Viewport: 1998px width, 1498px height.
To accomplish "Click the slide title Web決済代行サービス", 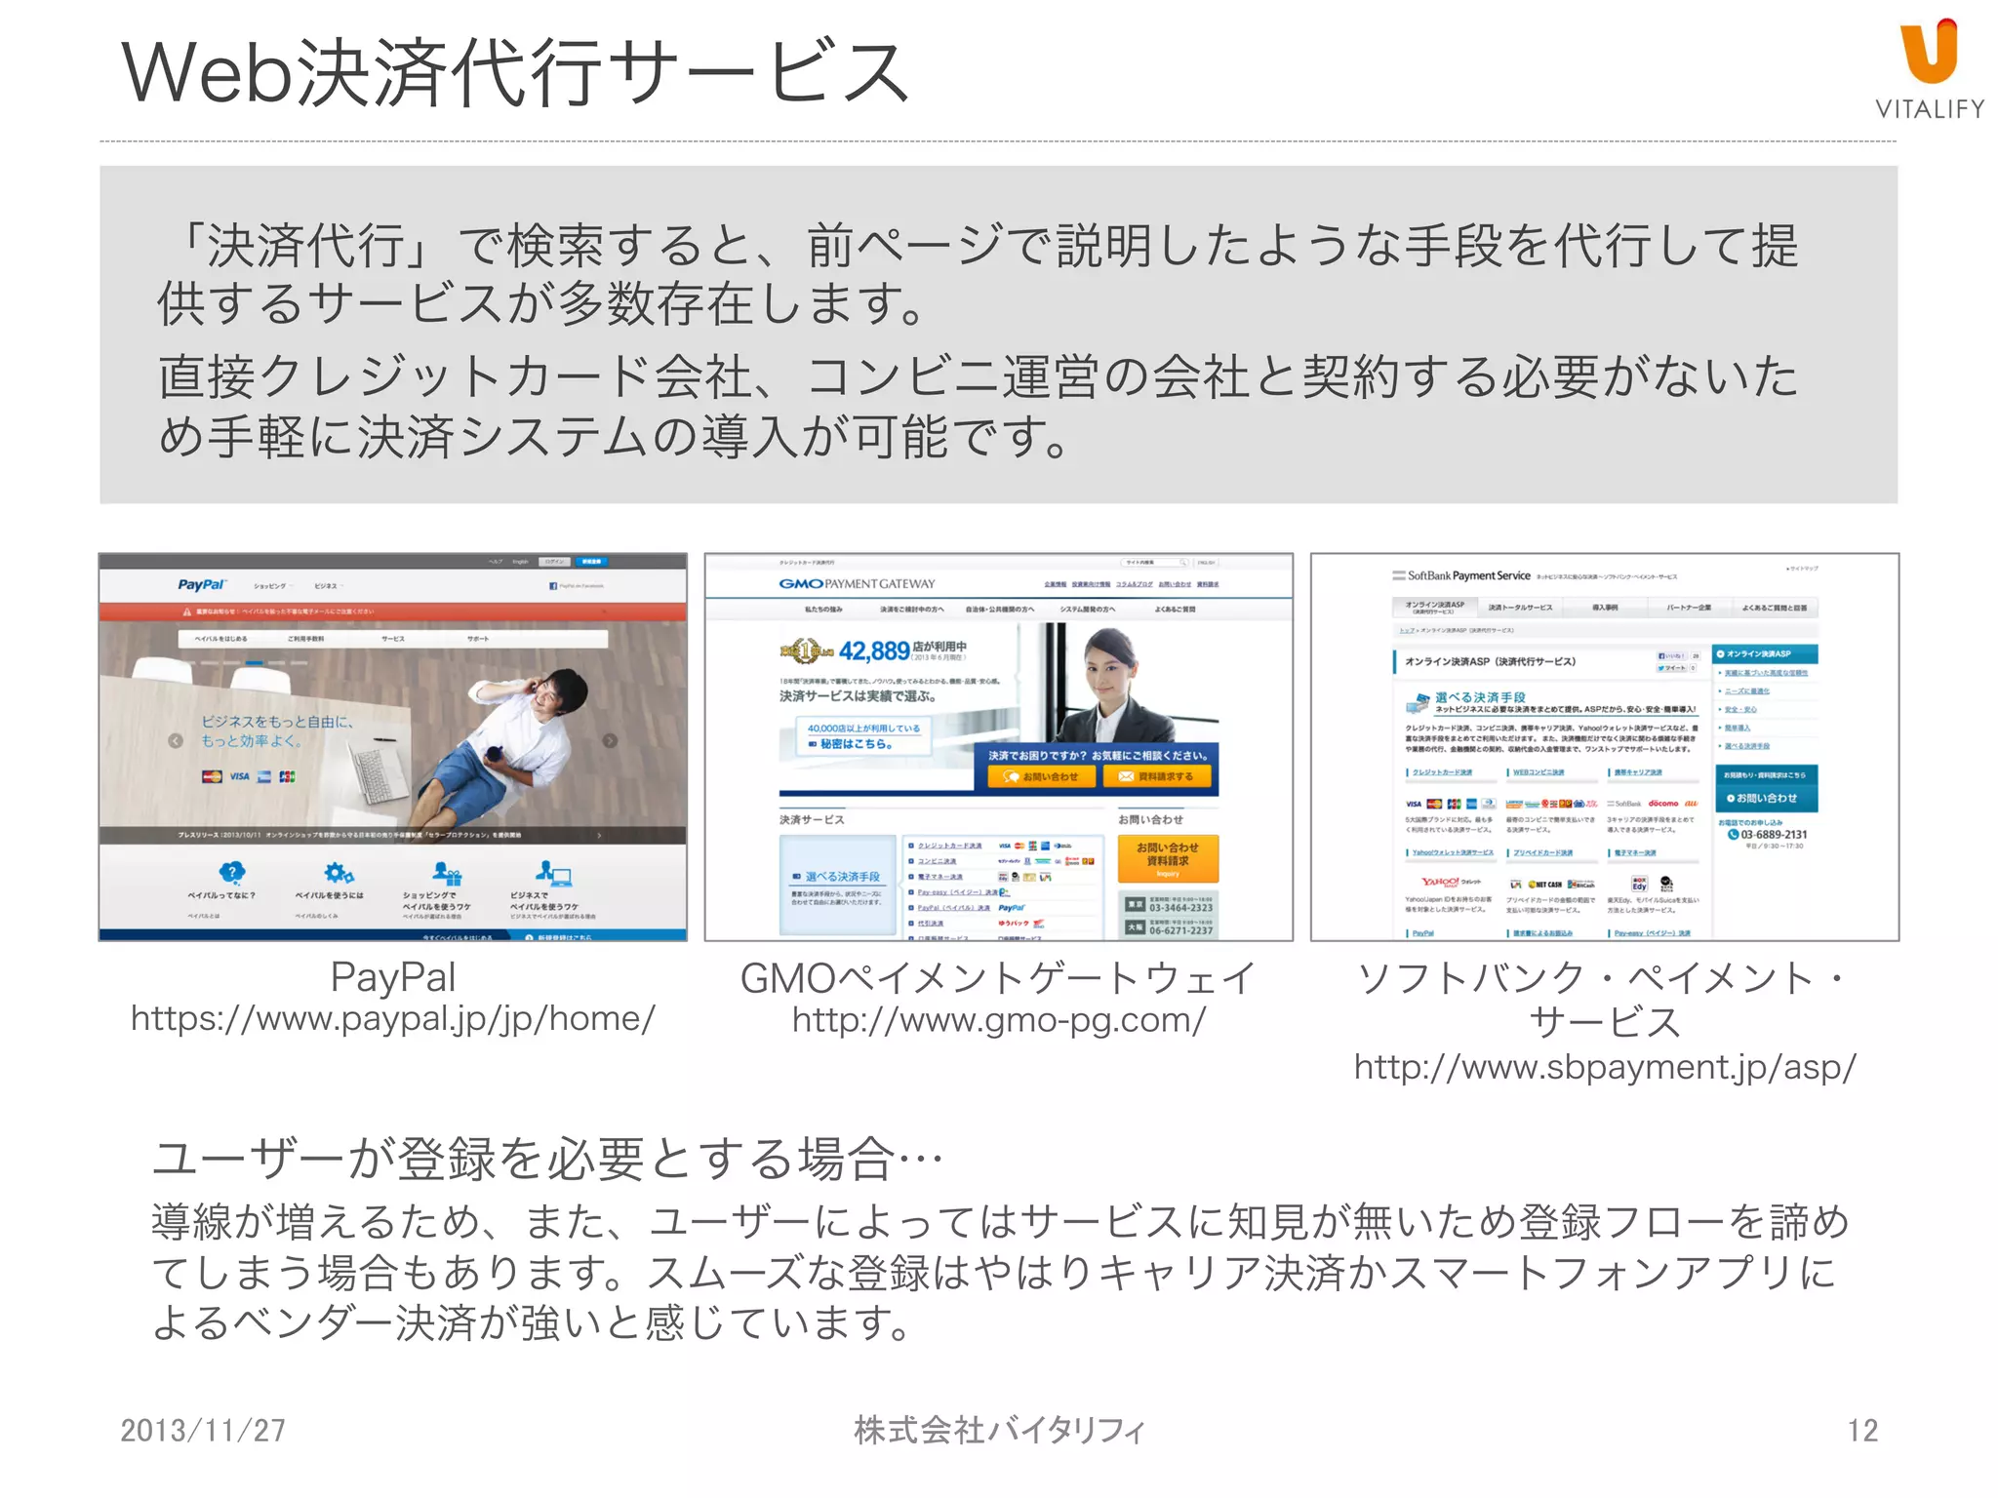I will [516, 73].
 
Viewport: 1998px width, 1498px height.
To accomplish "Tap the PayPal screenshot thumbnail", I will [393, 746].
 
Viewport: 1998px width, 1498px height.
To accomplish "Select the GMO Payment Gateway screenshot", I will [998, 746].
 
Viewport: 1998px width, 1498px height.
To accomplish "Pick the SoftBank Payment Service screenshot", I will [1604, 746].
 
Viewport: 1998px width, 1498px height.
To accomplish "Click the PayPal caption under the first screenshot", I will [393, 977].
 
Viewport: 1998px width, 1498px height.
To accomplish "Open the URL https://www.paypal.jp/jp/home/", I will [393, 1019].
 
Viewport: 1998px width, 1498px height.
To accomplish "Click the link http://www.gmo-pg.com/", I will [998, 1020].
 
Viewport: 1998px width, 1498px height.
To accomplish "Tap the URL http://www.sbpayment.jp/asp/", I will [1604, 1067].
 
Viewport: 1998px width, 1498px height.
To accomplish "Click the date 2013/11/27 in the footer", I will [203, 1431].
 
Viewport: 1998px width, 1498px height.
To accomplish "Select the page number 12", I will [1861, 1431].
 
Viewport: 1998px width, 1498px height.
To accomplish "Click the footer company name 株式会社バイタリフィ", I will [998, 1431].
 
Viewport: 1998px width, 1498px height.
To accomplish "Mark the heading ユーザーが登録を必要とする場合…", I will [546, 1160].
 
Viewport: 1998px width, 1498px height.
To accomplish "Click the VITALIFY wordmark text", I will [1929, 109].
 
